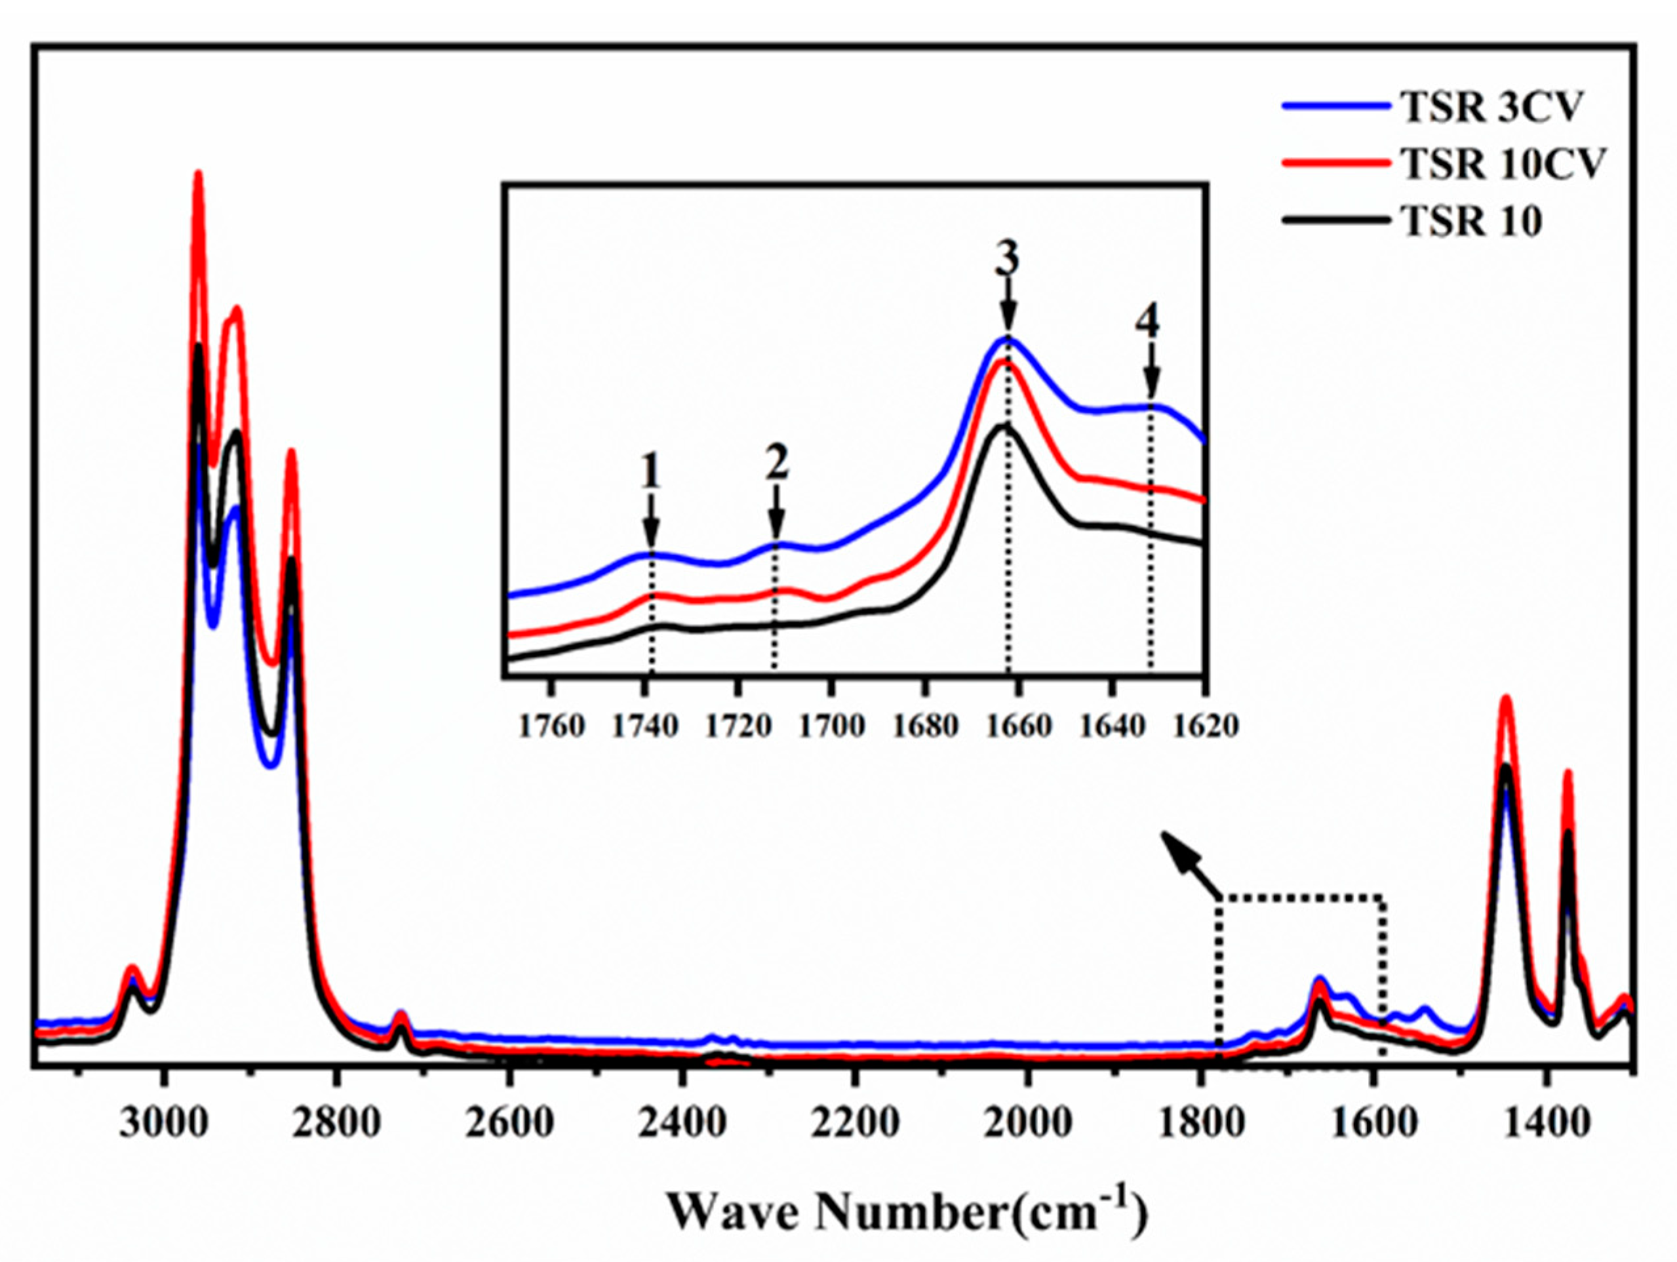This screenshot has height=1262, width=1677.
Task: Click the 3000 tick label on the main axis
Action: [x=164, y=1122]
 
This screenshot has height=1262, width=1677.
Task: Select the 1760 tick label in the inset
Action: [x=553, y=726]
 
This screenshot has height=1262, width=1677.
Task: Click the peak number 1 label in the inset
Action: [x=650, y=475]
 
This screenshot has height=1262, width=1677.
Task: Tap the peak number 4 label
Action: [x=1147, y=323]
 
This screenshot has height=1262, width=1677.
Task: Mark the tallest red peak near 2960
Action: [x=199, y=176]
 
